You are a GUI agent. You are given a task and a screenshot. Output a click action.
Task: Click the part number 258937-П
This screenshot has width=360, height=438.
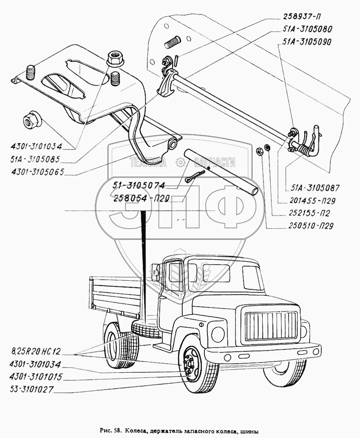(302, 17)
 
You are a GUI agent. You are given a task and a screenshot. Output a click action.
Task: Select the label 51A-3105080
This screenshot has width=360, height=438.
(306, 29)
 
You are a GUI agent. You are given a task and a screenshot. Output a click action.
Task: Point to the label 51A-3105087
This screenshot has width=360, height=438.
(315, 188)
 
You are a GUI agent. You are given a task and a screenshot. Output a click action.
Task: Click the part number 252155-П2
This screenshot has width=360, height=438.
(309, 213)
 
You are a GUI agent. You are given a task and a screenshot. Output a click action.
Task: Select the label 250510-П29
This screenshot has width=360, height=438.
(311, 226)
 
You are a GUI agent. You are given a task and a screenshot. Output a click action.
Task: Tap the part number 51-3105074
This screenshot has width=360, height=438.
(139, 185)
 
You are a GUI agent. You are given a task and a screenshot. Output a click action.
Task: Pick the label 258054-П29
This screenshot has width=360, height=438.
(142, 198)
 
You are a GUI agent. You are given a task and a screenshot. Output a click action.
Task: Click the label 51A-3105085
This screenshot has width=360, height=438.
(35, 159)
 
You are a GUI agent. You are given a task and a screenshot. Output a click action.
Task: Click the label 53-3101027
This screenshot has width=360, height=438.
(31, 389)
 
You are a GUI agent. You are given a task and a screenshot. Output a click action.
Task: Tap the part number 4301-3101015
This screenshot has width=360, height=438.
(36, 377)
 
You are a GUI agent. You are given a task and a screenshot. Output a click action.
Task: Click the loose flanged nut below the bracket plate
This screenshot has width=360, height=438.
(30, 120)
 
